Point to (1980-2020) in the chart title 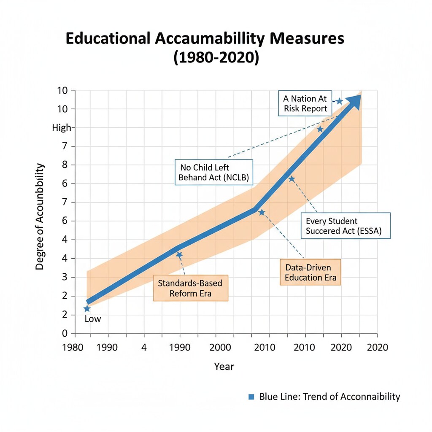pyautogui.click(x=216, y=57)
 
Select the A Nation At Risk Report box pyautogui.click(x=305, y=103)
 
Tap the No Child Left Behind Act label pyautogui.click(x=214, y=172)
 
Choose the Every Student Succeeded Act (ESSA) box pyautogui.click(x=346, y=227)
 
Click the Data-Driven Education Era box pyautogui.click(x=310, y=272)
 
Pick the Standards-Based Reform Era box pyautogui.click(x=190, y=288)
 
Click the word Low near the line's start pyautogui.click(x=93, y=319)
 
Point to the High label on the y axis pyautogui.click(x=62, y=127)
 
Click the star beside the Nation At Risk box pyautogui.click(x=339, y=101)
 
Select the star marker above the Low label pyautogui.click(x=87, y=309)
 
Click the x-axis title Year pyautogui.click(x=224, y=366)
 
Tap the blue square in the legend pyautogui.click(x=251, y=397)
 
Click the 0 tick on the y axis pyautogui.click(x=65, y=333)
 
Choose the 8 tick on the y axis pyautogui.click(x=65, y=165)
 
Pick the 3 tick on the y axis pyautogui.click(x=65, y=277)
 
